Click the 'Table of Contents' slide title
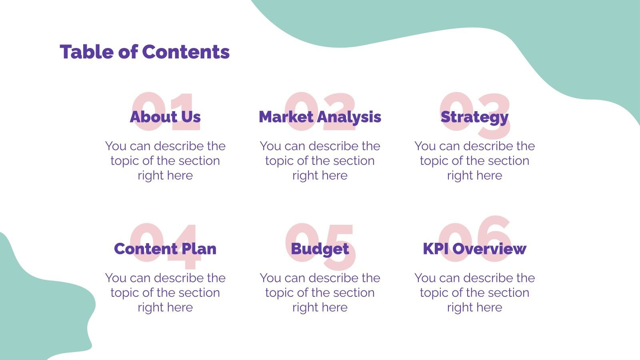(144, 52)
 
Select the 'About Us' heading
(165, 117)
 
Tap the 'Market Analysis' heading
(320, 117)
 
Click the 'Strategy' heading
(474, 117)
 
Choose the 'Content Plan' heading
(165, 249)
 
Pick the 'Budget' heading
(320, 249)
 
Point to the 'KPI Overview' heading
(474, 249)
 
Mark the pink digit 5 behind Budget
(340, 262)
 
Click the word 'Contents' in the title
(186, 52)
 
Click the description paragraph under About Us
(165, 160)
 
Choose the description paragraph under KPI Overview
(474, 292)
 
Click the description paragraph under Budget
(320, 292)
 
